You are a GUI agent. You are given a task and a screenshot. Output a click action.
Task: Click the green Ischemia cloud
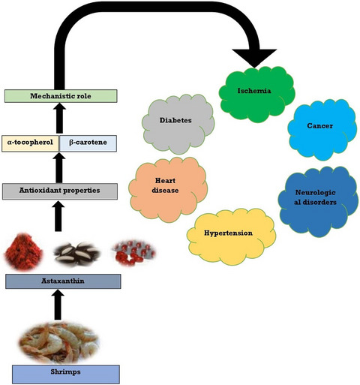256,95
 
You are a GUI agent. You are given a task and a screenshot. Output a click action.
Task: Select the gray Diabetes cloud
178,124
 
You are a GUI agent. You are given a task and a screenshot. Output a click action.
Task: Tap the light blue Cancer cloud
322,130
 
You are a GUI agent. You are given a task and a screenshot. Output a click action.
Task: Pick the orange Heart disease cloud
168,189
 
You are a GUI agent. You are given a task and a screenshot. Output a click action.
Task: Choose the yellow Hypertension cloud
231,236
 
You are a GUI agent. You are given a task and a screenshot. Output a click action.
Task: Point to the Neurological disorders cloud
318,201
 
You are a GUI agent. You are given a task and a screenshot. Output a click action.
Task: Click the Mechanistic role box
61,96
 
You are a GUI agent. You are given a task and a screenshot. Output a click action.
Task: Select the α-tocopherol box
31,143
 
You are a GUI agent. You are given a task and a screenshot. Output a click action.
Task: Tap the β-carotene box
88,143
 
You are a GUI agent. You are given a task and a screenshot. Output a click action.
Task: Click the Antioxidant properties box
60,191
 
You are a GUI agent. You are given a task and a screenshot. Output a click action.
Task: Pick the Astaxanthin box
63,281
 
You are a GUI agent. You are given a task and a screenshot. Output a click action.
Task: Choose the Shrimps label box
66,374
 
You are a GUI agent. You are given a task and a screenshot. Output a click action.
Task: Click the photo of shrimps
59,341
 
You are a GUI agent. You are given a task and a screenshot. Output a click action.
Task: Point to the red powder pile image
23,251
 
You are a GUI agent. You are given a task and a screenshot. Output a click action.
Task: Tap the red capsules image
133,253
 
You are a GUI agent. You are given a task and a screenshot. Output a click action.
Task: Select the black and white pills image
77,254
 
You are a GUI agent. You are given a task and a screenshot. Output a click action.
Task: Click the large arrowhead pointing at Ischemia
254,59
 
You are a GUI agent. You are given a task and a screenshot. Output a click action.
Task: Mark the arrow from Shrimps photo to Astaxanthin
58,305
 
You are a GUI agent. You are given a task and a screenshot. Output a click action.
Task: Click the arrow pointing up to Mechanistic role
59,119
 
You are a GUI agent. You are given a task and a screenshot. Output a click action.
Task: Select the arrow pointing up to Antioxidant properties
58,216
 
